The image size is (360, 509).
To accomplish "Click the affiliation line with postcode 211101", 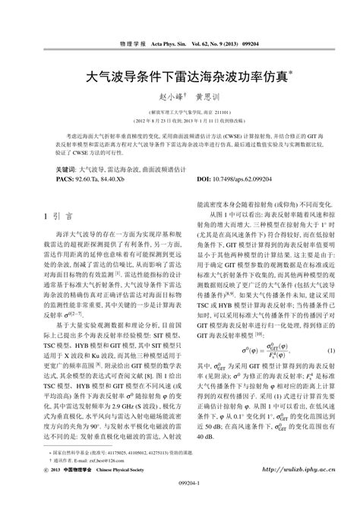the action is coord(179,112).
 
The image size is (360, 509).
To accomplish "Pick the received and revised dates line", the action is coord(179,121).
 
